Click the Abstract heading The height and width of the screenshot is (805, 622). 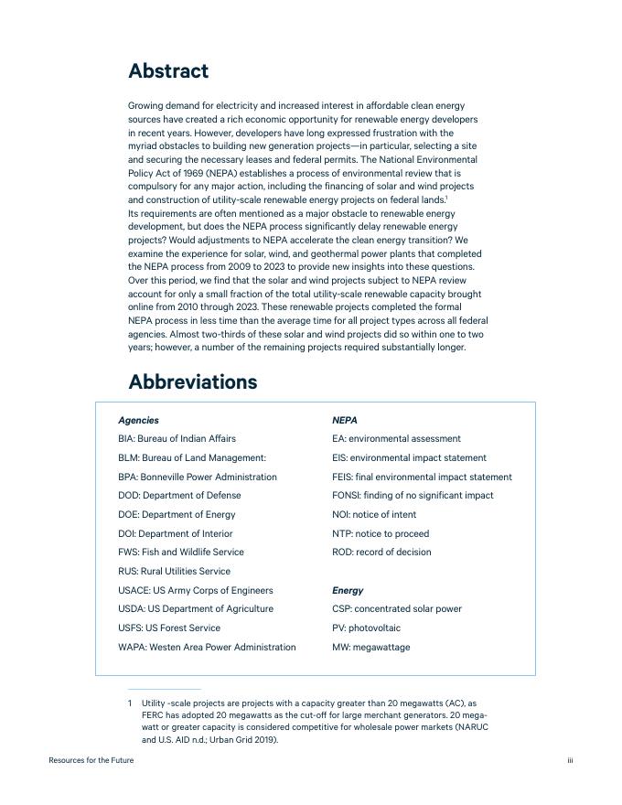(x=168, y=71)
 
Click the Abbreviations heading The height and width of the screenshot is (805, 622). (x=192, y=382)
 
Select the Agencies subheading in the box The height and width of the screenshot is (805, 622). (x=138, y=421)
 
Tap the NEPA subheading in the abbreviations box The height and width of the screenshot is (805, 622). (x=344, y=421)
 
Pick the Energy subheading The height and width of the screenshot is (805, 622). (x=348, y=591)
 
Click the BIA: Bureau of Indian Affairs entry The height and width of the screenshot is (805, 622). (x=177, y=439)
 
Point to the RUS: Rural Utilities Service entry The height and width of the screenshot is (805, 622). (x=174, y=572)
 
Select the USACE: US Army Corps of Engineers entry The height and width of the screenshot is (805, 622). (x=195, y=591)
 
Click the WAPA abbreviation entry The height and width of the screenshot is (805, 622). (x=207, y=648)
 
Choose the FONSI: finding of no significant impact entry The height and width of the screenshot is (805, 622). (x=413, y=496)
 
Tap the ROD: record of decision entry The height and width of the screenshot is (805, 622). (x=381, y=553)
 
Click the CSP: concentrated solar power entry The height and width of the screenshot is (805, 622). (x=397, y=609)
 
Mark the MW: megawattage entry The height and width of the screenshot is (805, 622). (x=370, y=648)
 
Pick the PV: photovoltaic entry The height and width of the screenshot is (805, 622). (x=366, y=628)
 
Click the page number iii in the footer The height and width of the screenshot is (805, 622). (x=570, y=760)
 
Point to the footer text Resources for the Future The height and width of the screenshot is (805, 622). (x=91, y=760)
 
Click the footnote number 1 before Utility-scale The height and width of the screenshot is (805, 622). (x=130, y=703)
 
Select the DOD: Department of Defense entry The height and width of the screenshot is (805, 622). (x=179, y=496)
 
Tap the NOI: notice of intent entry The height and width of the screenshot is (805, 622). (x=374, y=515)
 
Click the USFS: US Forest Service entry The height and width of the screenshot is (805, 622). (x=169, y=628)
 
